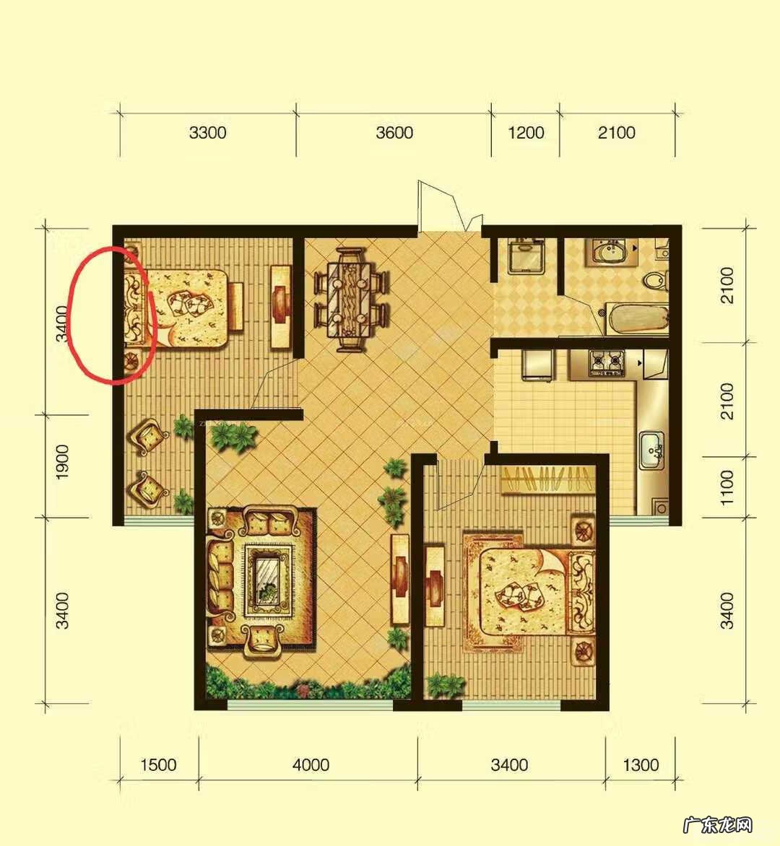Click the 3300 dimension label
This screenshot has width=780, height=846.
click(207, 132)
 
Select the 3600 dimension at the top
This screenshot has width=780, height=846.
click(394, 132)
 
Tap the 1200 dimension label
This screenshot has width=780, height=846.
click(526, 132)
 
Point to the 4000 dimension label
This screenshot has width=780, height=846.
click(311, 764)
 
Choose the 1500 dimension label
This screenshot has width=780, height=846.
click(158, 764)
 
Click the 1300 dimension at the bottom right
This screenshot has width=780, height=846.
click(641, 764)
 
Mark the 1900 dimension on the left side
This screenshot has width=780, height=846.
click(63, 462)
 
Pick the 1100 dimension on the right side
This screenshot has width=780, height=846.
click(727, 487)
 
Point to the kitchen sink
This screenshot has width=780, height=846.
click(652, 450)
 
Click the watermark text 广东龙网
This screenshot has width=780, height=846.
click(717, 824)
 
